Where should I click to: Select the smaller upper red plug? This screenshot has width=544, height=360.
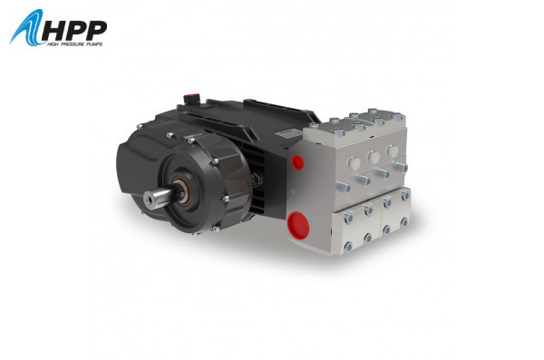pyautogui.click(x=296, y=162)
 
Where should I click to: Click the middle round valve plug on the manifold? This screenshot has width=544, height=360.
pyautogui.click(x=373, y=158)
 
